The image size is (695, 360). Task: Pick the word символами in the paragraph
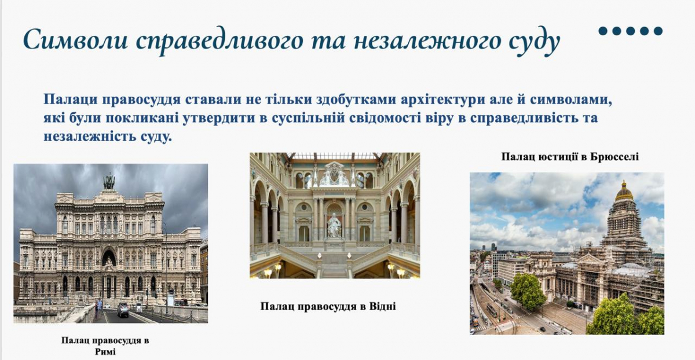(x=568, y=99)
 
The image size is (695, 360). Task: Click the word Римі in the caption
(x=105, y=351)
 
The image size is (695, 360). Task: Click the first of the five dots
(x=603, y=31)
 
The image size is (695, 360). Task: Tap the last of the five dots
(x=657, y=31)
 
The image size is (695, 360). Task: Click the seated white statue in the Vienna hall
(x=334, y=225)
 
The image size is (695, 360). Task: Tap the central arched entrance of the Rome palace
(x=108, y=258)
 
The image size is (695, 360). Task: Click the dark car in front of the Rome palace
(x=123, y=310)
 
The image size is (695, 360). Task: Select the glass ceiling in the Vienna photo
(x=335, y=156)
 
